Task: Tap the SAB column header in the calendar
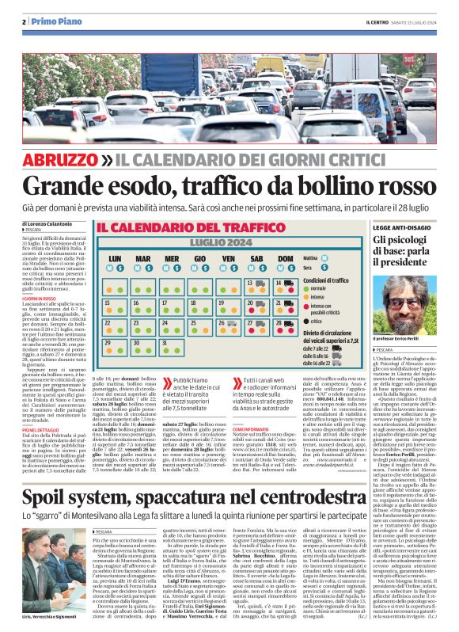pos(256,258)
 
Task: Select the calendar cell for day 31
pos(170,345)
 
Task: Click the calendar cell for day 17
pos(170,305)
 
